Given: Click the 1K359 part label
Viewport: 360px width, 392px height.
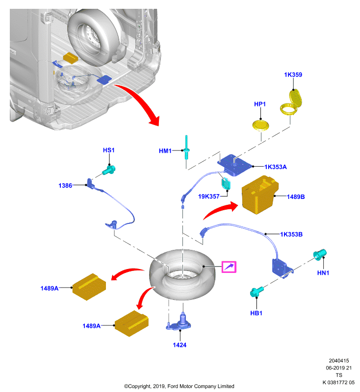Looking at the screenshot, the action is [293, 75].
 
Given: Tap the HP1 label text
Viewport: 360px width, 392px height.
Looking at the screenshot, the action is [259, 104].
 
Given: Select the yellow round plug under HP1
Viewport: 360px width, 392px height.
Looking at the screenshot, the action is [260, 125].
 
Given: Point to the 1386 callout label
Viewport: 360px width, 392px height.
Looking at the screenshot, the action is [65, 186].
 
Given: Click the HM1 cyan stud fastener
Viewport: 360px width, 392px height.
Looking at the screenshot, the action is [186, 147].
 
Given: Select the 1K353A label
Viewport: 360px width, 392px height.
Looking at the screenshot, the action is [276, 167].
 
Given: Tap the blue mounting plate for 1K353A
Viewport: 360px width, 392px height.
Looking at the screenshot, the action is [234, 165].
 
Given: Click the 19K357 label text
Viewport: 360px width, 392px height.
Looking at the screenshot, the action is [208, 196].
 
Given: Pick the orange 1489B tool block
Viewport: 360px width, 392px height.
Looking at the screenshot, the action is [260, 195].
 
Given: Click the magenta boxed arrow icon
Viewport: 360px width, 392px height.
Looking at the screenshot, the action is [229, 267].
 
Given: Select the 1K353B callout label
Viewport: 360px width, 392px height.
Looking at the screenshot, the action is [291, 234].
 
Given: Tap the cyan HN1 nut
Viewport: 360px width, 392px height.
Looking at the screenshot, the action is [320, 255].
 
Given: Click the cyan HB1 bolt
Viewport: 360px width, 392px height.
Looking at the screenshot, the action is [257, 292].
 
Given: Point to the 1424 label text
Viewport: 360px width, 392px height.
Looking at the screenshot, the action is [180, 345].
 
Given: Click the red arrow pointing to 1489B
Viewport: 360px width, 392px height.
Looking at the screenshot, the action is [220, 210].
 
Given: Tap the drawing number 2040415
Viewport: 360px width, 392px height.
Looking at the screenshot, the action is [339, 361].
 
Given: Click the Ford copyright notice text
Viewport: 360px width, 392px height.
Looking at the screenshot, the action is [179, 386].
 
